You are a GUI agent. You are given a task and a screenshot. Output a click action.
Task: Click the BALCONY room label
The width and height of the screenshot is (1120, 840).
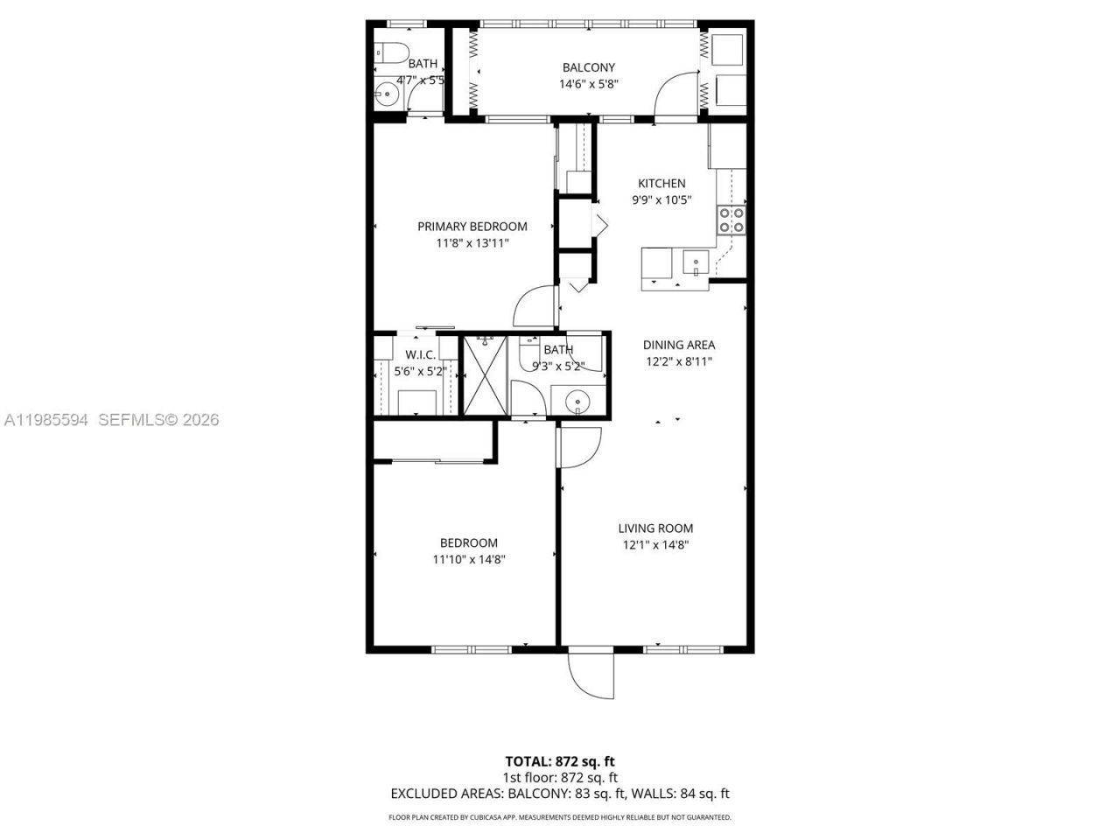pos(588,67)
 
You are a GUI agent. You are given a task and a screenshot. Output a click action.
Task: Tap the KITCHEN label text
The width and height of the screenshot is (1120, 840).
pos(661,184)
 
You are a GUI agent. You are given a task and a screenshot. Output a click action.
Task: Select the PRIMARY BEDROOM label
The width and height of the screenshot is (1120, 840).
pos(472,227)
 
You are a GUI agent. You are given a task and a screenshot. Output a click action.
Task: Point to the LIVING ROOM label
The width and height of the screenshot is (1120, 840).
pos(655,528)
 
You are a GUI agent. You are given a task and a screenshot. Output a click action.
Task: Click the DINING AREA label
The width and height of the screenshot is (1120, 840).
pos(679,345)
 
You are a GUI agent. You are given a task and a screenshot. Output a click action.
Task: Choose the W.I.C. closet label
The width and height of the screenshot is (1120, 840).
pos(420,355)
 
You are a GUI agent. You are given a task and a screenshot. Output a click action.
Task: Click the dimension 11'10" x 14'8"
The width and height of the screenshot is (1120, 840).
pos(469,559)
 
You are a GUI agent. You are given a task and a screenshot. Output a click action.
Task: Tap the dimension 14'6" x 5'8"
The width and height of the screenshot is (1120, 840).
pos(588,85)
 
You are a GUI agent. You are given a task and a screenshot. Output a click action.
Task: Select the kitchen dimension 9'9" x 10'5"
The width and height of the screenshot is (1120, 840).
pos(661,200)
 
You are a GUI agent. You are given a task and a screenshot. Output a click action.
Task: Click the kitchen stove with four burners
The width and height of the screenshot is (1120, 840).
pos(731,220)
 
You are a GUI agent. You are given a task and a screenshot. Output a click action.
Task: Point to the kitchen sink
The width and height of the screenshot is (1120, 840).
pos(696,262)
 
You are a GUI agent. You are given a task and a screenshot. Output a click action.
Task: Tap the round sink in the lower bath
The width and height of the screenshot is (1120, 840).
pos(577,402)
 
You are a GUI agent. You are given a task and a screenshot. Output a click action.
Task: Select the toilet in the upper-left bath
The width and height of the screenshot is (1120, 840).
pos(391,52)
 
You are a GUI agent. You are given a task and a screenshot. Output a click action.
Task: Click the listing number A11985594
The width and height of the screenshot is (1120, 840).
pos(45,420)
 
